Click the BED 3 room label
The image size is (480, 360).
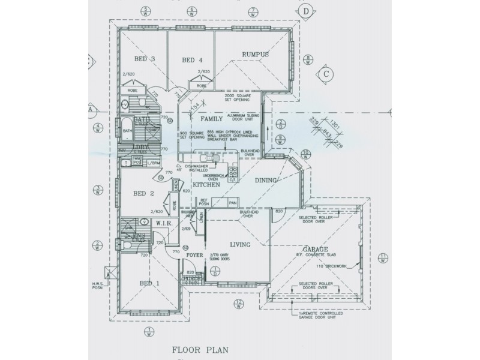(x=145, y=59)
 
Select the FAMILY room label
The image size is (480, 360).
(x=203, y=119)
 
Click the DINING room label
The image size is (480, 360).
(x=265, y=180)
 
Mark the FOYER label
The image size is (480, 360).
(x=195, y=255)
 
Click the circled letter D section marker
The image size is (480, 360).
(x=306, y=11)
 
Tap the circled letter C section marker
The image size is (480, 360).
(x=326, y=74)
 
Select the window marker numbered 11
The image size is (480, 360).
(x=383, y=258)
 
